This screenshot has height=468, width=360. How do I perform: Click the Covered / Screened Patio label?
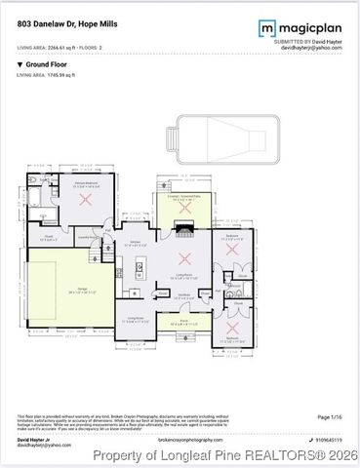(x=183, y=196)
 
